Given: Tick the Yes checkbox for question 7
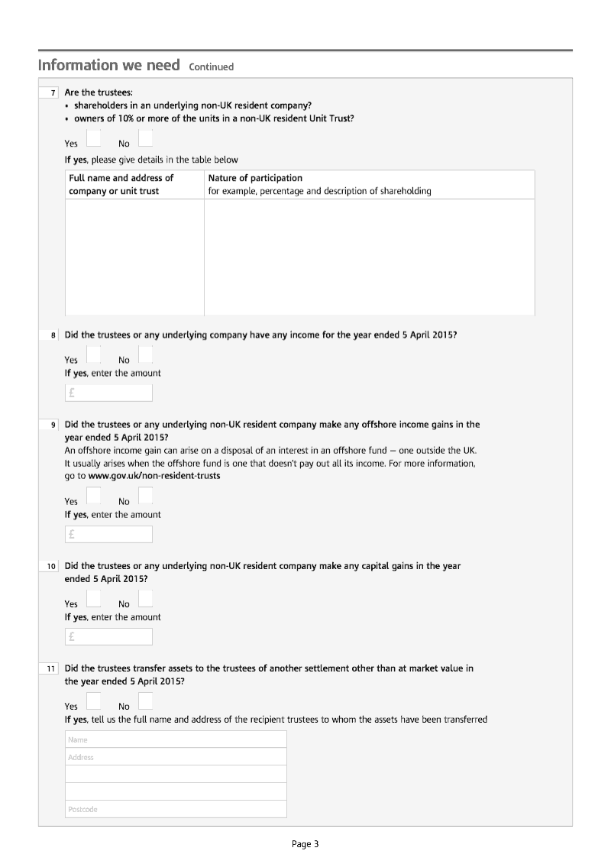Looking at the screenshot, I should coord(93,138).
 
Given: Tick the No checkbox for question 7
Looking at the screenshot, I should coord(145,138).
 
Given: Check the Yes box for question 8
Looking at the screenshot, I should coord(93,354).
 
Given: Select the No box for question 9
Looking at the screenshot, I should coord(145,496).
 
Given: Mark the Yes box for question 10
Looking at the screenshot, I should coord(93,598).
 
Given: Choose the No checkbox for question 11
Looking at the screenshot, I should coord(145,701).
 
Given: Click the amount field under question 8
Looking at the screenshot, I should coord(108,393).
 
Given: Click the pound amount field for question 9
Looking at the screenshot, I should coord(108,534).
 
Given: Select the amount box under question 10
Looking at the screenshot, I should coord(108,636).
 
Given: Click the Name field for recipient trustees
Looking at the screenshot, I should coord(176,739).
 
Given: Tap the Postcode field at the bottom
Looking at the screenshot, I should coord(176,809).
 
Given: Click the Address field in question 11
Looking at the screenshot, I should coord(176,757).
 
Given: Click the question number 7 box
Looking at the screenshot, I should coord(51,93).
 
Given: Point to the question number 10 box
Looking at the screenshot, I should coord(50,566).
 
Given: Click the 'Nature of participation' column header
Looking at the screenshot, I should coord(255,178).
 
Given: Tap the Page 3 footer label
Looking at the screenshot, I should coord(305,844).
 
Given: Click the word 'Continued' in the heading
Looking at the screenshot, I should coord(211,66).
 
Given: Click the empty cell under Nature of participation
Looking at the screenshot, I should coord(369,257).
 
